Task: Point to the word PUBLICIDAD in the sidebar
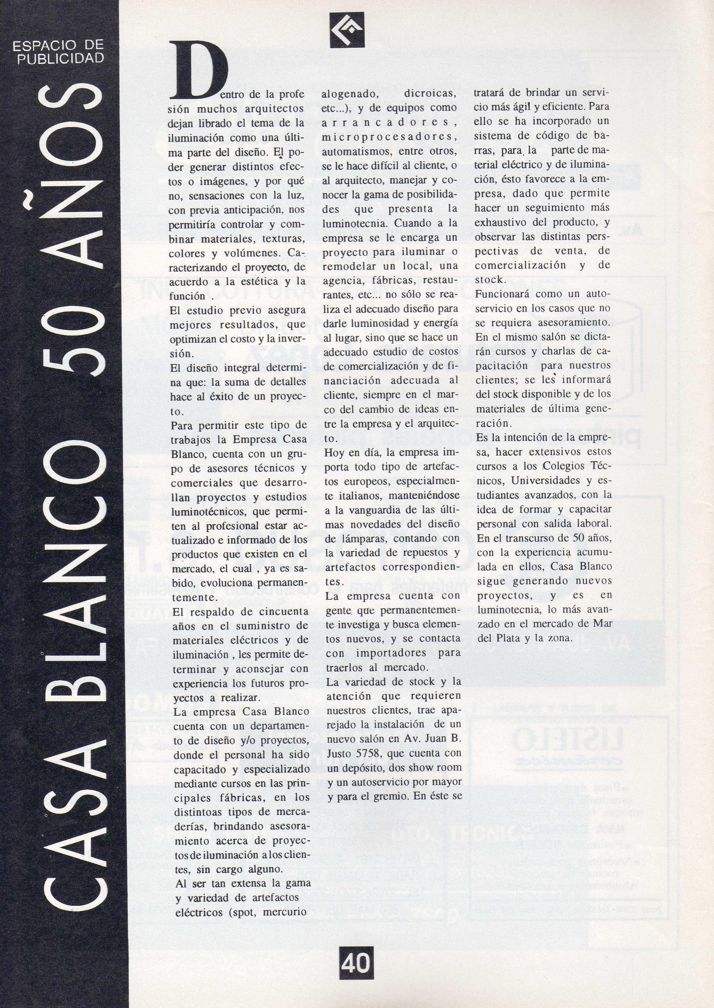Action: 60,58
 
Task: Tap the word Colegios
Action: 564,466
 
